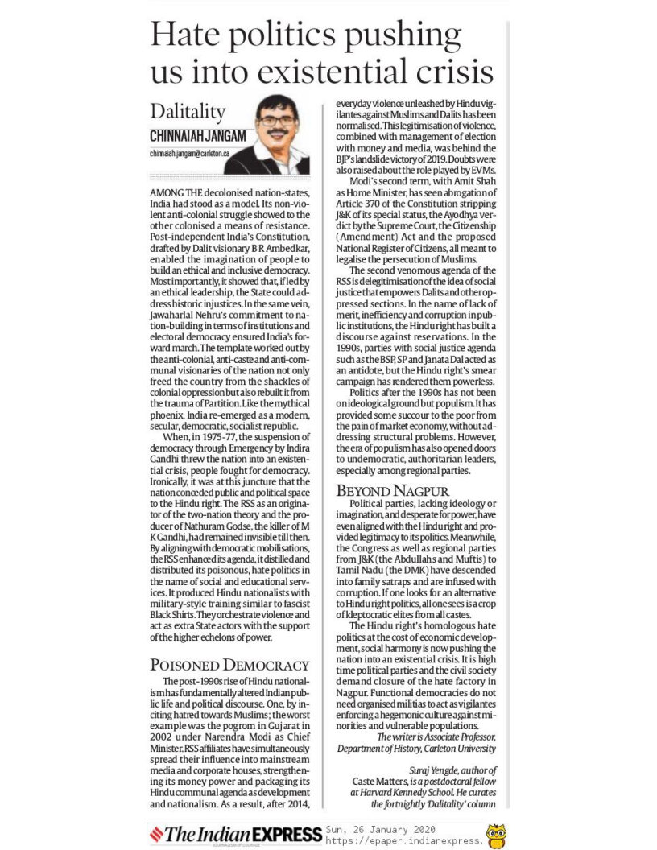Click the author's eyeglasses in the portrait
277,120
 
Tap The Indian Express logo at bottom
233,834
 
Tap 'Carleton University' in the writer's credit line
461,747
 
